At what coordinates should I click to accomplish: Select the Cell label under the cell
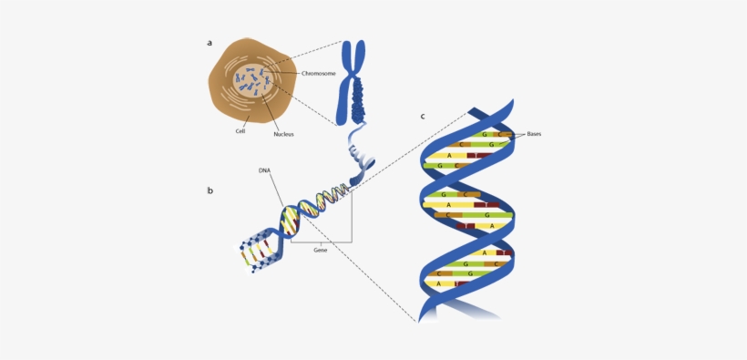click(240, 131)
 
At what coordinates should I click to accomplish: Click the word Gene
click(320, 250)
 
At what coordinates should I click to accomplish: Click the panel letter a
click(210, 43)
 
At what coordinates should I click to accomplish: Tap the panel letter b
click(210, 190)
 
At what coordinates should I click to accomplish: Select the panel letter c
click(423, 117)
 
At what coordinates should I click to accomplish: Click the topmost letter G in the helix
click(485, 134)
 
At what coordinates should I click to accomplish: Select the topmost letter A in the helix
click(449, 156)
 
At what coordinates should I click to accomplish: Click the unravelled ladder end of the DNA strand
click(255, 250)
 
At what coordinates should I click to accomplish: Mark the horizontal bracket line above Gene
click(321, 242)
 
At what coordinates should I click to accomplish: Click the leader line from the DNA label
click(276, 190)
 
